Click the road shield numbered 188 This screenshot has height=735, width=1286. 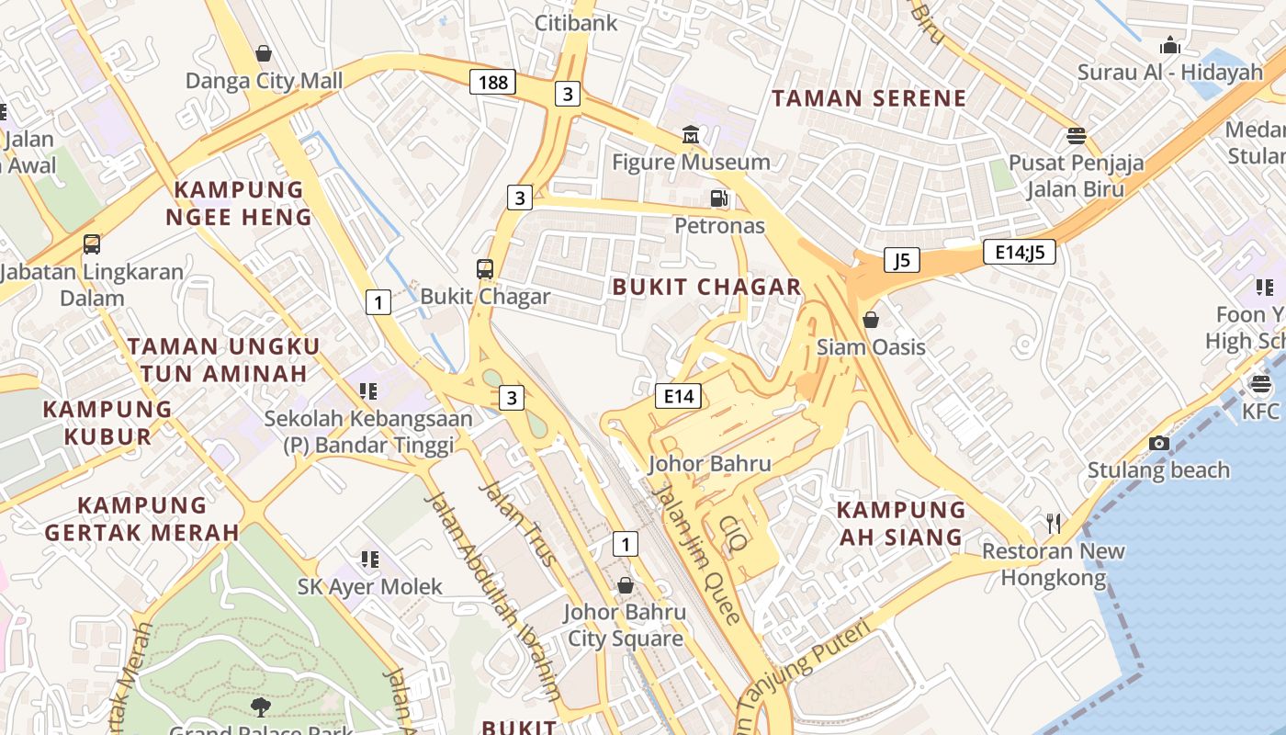tap(492, 82)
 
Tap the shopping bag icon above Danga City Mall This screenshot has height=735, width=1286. tap(264, 53)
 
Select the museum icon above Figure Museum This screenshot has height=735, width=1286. tap(691, 135)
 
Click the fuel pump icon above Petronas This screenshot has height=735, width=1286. tap(719, 198)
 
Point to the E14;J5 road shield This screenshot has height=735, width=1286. tap(1019, 252)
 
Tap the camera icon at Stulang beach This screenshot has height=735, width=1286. tap(1158, 443)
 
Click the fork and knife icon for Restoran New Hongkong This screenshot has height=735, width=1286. tap(1054, 524)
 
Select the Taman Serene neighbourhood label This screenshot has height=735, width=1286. tap(869, 98)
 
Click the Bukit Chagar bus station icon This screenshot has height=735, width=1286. tap(485, 269)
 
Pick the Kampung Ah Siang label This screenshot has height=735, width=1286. tap(901, 523)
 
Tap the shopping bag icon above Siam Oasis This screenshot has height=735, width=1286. tap(870, 320)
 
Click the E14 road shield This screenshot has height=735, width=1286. tap(678, 396)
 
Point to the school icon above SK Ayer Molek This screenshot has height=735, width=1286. tap(369, 559)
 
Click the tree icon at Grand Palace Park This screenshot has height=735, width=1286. tap(261, 706)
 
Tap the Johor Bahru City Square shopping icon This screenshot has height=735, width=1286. tap(625, 585)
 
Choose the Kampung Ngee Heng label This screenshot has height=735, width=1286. tap(239, 203)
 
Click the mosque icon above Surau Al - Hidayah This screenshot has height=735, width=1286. tap(1169, 45)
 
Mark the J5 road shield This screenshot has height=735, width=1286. tap(901, 260)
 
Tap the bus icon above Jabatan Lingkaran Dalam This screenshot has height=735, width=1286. tap(92, 244)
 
